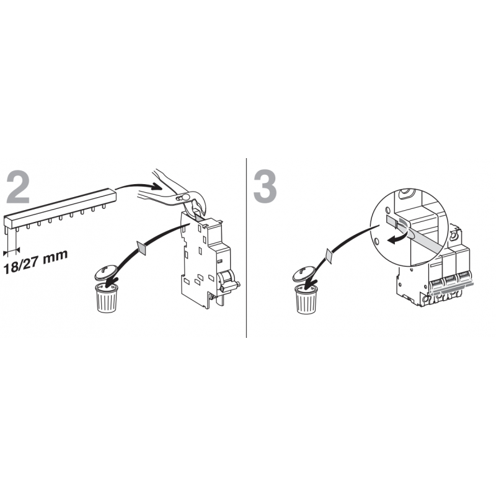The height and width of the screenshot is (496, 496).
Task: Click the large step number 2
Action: click(18, 187)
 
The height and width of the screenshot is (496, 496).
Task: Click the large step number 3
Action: click(265, 187)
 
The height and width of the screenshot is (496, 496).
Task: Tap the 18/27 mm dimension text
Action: click(35, 261)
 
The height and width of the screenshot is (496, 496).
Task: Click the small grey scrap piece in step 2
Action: click(141, 247)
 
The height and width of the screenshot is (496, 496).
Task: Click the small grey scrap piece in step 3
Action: click(329, 256)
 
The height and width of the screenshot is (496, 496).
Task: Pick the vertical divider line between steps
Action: click(246, 247)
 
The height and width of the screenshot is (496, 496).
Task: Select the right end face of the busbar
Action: click(114, 195)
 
